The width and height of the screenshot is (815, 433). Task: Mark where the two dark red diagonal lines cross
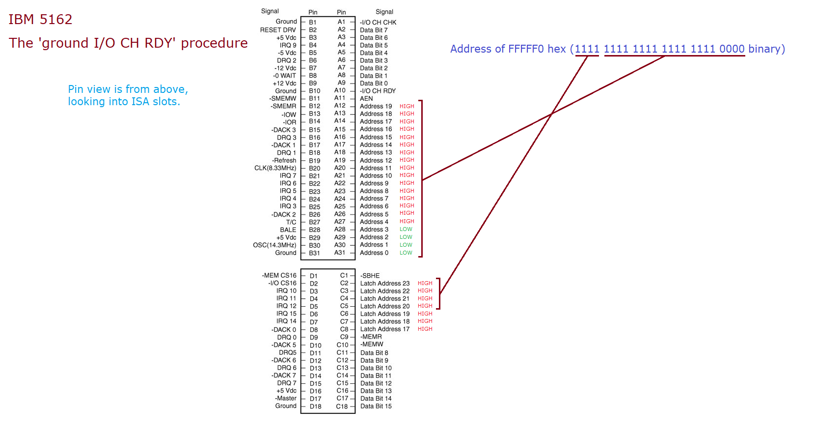pyautogui.click(x=551, y=114)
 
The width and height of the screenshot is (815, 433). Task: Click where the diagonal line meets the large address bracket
pyautogui.click(x=422, y=180)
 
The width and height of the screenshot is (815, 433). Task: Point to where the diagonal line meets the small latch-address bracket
pyautogui.click(x=440, y=293)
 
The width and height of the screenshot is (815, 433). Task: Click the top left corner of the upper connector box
pyautogui.click(x=301, y=16)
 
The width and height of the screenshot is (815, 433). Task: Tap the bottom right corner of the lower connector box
pyautogui.click(x=355, y=413)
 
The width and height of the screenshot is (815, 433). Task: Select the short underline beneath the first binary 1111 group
pyautogui.click(x=587, y=56)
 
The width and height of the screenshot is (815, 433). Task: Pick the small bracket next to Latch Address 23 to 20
pyautogui.click(x=439, y=293)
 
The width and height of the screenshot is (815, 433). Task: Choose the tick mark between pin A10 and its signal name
pyautogui.click(x=352, y=90)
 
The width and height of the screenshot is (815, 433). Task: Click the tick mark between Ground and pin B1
pyautogui.click(x=303, y=22)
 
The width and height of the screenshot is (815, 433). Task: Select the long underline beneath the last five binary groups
pyautogui.click(x=675, y=56)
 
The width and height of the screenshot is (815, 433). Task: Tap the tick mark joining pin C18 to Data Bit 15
pyautogui.click(x=352, y=406)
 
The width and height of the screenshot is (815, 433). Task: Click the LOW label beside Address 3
pyautogui.click(x=406, y=229)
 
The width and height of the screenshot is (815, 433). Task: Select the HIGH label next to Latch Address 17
pyautogui.click(x=425, y=329)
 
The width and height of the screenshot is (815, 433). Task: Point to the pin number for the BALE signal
pyautogui.click(x=314, y=230)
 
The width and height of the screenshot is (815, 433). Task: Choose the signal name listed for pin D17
pyautogui.click(x=286, y=398)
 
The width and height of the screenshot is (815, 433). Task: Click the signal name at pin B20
pyautogui.click(x=275, y=168)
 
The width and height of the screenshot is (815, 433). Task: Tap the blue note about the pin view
pyautogui.click(x=128, y=95)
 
